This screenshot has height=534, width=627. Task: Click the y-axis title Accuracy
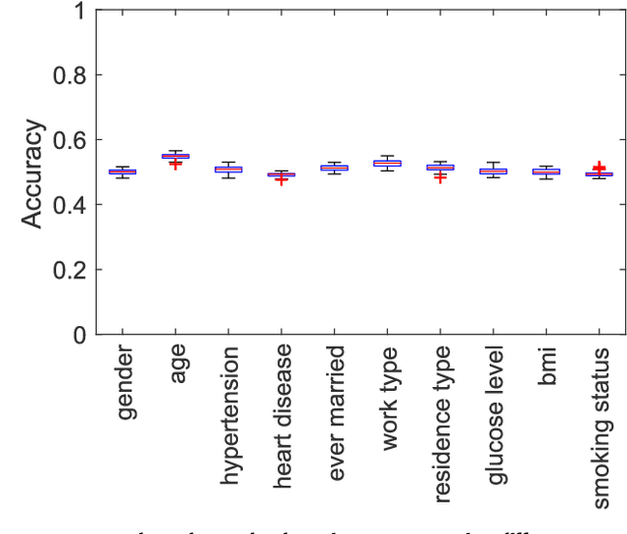32,173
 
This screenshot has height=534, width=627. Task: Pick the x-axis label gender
126,383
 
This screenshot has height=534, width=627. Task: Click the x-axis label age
178,364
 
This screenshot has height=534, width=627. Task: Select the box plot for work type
388,163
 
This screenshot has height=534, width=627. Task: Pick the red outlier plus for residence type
440,177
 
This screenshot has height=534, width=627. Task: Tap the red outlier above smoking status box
599,169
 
